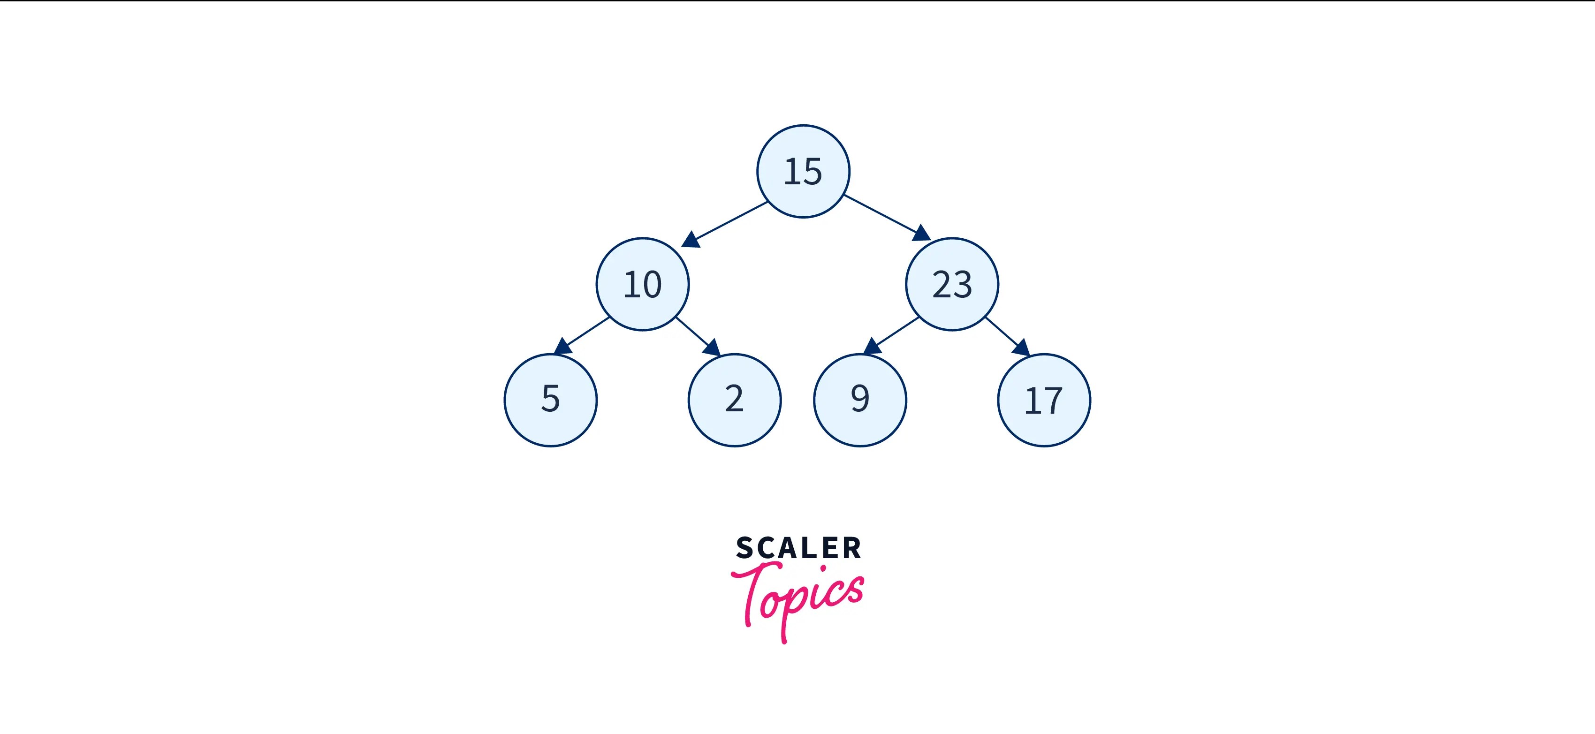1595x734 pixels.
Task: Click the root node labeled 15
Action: [803, 172]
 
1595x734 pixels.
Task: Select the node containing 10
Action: [642, 284]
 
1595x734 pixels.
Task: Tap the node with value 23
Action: [952, 284]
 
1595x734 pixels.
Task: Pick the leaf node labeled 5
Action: [550, 400]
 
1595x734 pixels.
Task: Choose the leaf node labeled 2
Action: [734, 400]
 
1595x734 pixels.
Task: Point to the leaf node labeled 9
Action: [860, 400]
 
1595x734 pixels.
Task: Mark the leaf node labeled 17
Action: [1044, 400]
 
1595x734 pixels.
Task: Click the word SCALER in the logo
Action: [798, 548]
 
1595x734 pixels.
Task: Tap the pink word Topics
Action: [797, 597]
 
